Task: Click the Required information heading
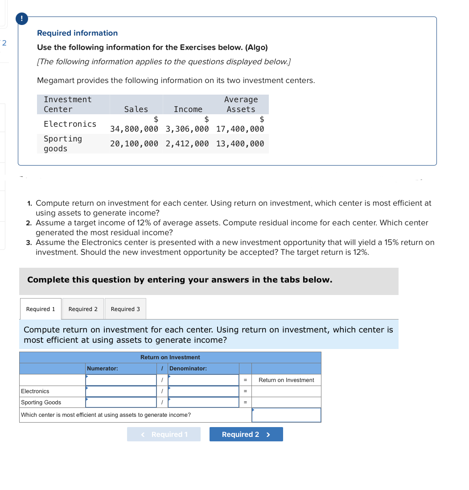pyautogui.click(x=77, y=33)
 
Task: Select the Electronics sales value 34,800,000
pyautogui.click(x=134, y=129)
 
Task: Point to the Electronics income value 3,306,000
pyautogui.click(x=187, y=129)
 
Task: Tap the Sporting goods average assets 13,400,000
pyautogui.click(x=240, y=144)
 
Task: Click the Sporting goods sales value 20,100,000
pyautogui.click(x=134, y=144)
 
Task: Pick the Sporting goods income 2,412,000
pyautogui.click(x=187, y=144)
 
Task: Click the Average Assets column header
pyautogui.click(x=241, y=104)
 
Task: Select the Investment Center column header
pyautogui.click(x=68, y=104)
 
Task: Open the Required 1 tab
pyautogui.click(x=41, y=309)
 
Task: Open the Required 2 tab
pyautogui.click(x=83, y=309)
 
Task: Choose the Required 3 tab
pyautogui.click(x=125, y=309)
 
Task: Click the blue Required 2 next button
pyautogui.click(x=246, y=434)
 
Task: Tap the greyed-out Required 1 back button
pyautogui.click(x=164, y=434)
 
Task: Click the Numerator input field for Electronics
pyautogui.click(x=121, y=391)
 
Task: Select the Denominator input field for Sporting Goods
pyautogui.click(x=203, y=403)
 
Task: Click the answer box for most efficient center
pyautogui.click(x=286, y=415)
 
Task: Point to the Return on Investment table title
pyautogui.click(x=170, y=357)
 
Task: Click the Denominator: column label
pyautogui.click(x=188, y=369)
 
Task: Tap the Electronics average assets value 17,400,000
pyautogui.click(x=240, y=129)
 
